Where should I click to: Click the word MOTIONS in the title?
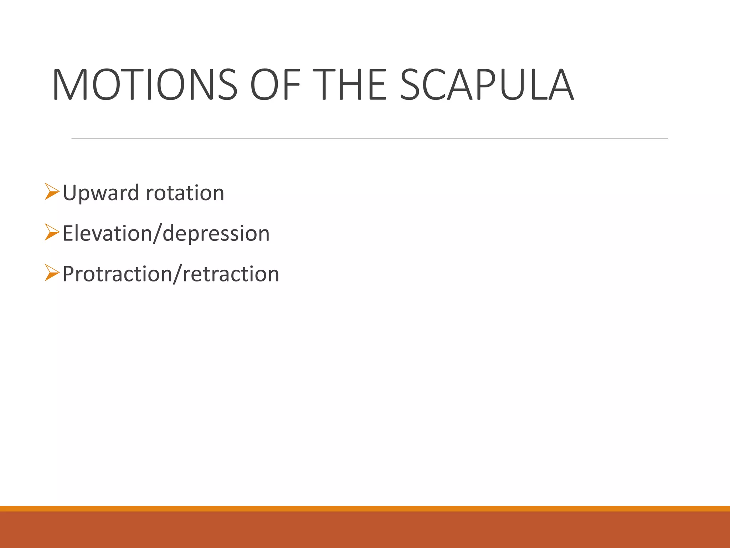145,85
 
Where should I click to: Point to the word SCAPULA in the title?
487,85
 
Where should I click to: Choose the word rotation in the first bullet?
185,193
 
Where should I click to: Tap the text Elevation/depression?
166,234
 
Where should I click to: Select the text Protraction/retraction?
171,274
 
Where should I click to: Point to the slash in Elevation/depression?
157,234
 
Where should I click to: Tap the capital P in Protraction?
68,274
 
